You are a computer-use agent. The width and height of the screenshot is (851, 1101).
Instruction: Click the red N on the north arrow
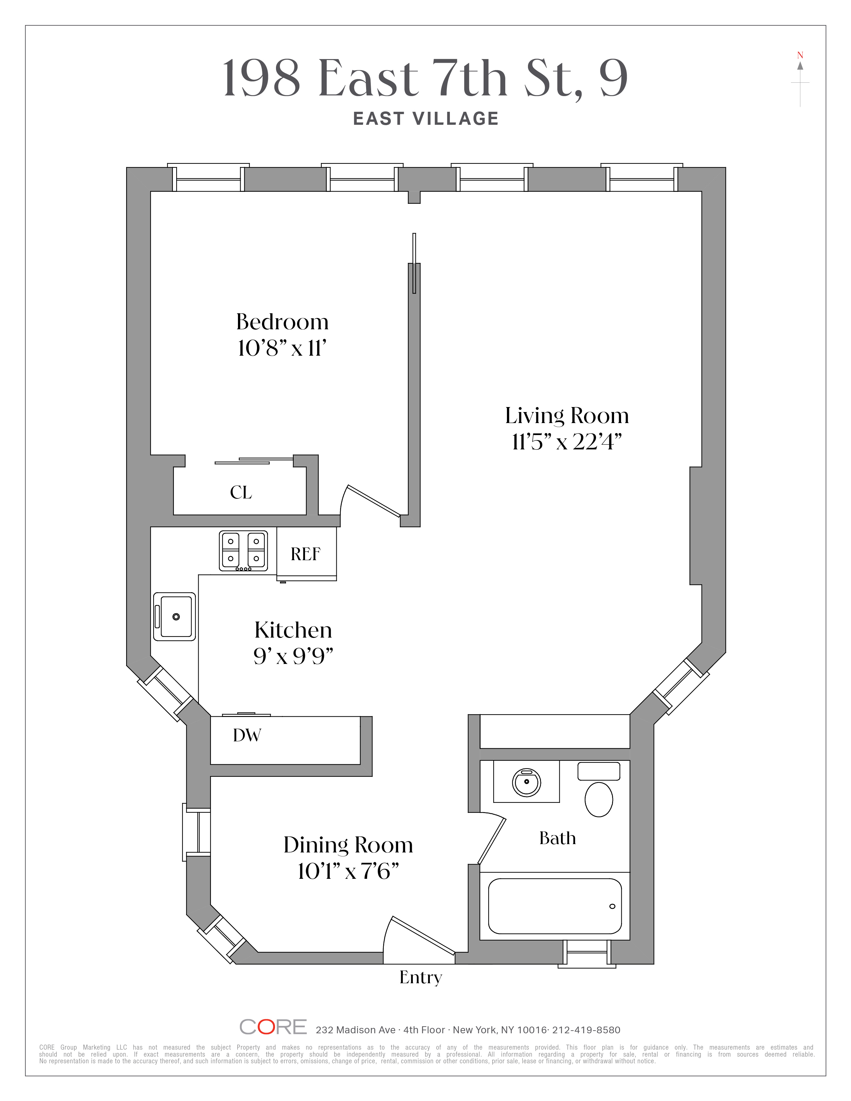pos(800,55)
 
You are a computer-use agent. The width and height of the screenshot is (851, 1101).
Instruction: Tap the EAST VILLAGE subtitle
pos(425,119)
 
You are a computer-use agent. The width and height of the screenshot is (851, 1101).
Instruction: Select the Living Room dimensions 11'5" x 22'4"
pos(567,442)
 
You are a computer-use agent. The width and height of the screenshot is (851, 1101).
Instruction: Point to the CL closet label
pos(241,492)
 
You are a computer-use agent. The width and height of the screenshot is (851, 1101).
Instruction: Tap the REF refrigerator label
pos(305,554)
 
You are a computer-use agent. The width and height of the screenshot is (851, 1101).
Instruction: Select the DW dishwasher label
pos(247,736)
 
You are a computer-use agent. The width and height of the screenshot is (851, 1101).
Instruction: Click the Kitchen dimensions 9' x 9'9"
pos(293,656)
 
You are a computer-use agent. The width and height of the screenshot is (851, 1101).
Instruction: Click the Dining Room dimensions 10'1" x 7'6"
pos(348,871)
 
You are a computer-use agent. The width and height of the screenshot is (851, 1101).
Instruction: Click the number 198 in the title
pos(261,79)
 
